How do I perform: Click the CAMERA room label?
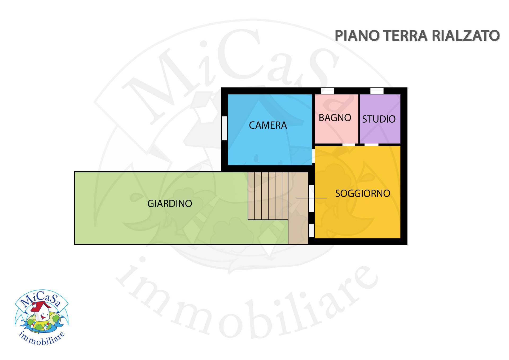pos(268,125)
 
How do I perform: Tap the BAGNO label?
pos(335,118)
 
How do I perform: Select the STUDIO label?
pos(379,119)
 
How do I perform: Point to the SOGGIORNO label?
pos(362,193)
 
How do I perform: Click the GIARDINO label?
pos(170,203)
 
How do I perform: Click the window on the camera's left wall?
pos(224,128)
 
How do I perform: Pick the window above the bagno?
pos(327,91)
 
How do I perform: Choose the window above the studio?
pos(377,91)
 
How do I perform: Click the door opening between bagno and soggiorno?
pos(348,145)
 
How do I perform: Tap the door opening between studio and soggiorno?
pos(371,145)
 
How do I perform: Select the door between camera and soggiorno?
pos(313,156)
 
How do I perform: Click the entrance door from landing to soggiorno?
pos(311,198)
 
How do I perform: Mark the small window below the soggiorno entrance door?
pos(311,230)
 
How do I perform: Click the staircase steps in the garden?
pos(268,196)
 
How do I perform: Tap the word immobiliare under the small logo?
pos(42,339)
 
